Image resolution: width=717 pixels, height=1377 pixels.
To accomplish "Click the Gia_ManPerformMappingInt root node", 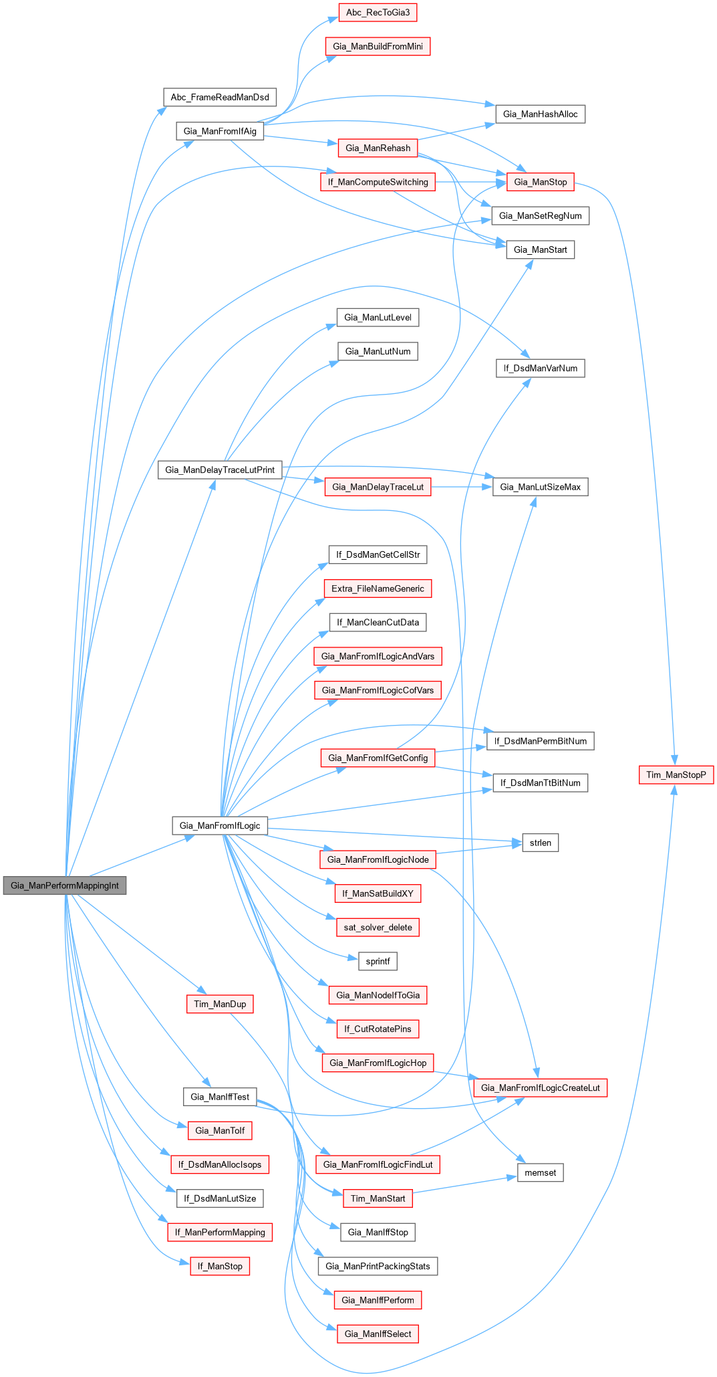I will coord(65,885).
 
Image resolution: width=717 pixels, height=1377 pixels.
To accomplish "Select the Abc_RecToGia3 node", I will coord(378,13).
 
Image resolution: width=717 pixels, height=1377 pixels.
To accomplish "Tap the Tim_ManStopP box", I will coord(676,774).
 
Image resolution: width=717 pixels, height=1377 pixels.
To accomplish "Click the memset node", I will coord(540,1172).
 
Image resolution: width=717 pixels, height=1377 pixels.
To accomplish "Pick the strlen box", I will coord(540,843).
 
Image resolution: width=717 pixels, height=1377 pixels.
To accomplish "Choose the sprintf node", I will coord(378,961).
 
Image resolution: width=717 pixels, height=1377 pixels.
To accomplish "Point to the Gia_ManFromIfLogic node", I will coord(220,825).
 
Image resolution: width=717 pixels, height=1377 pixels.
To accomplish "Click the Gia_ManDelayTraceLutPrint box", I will coord(220,469).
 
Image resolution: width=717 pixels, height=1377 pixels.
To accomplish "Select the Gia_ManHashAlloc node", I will coord(540,114).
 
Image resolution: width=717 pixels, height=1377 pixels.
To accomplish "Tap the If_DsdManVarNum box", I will coord(540,368).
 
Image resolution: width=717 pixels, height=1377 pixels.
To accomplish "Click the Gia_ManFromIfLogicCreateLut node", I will coord(540,1087).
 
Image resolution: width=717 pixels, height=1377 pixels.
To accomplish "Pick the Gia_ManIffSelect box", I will coord(378,1334).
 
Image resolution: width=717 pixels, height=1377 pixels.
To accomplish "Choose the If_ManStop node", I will coord(220,1266).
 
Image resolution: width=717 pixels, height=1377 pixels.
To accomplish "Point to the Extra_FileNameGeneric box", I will coord(378,589).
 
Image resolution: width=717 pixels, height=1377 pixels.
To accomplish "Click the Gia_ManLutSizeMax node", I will coord(540,487).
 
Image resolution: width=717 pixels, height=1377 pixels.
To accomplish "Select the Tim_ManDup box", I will coord(220,1004).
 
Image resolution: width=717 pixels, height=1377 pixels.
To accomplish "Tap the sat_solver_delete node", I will coord(378,927).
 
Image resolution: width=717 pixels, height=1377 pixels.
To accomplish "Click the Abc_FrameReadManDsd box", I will coord(220,97).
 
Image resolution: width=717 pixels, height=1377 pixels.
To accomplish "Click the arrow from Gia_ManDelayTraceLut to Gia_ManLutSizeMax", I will coord(461,487).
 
